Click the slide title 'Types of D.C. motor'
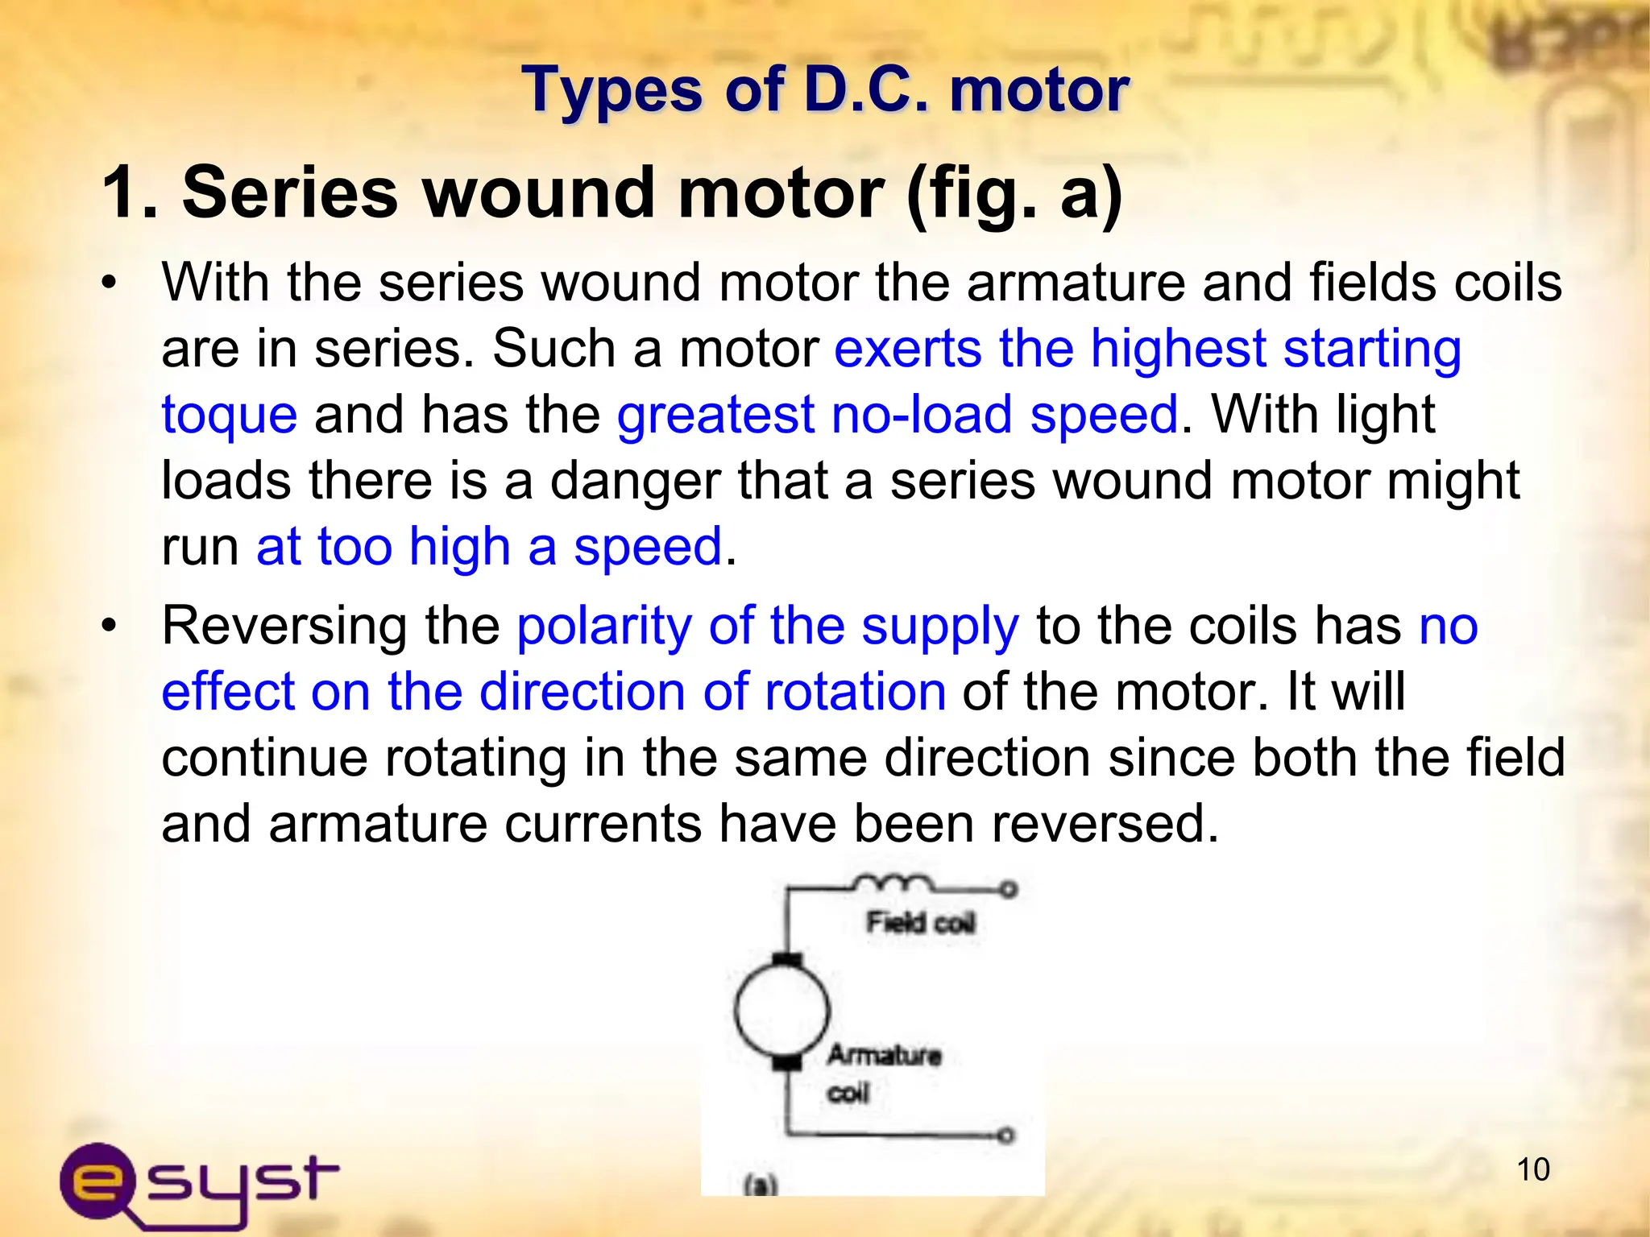tap(825, 89)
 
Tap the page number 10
tap(1533, 1169)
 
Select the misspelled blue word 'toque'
tap(229, 416)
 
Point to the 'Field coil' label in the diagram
tap(920, 922)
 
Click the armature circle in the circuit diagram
tap(781, 1009)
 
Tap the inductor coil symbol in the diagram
tap(893, 883)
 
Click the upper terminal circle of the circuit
tap(1008, 889)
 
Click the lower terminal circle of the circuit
tap(1005, 1136)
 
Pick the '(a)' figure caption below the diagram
tap(761, 1185)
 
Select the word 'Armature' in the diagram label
tap(884, 1054)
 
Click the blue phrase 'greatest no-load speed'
tap(898, 416)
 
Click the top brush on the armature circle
tap(787, 959)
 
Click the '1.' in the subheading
tap(129, 193)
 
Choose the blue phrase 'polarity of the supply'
tap(768, 626)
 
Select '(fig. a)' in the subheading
tap(1014, 193)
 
